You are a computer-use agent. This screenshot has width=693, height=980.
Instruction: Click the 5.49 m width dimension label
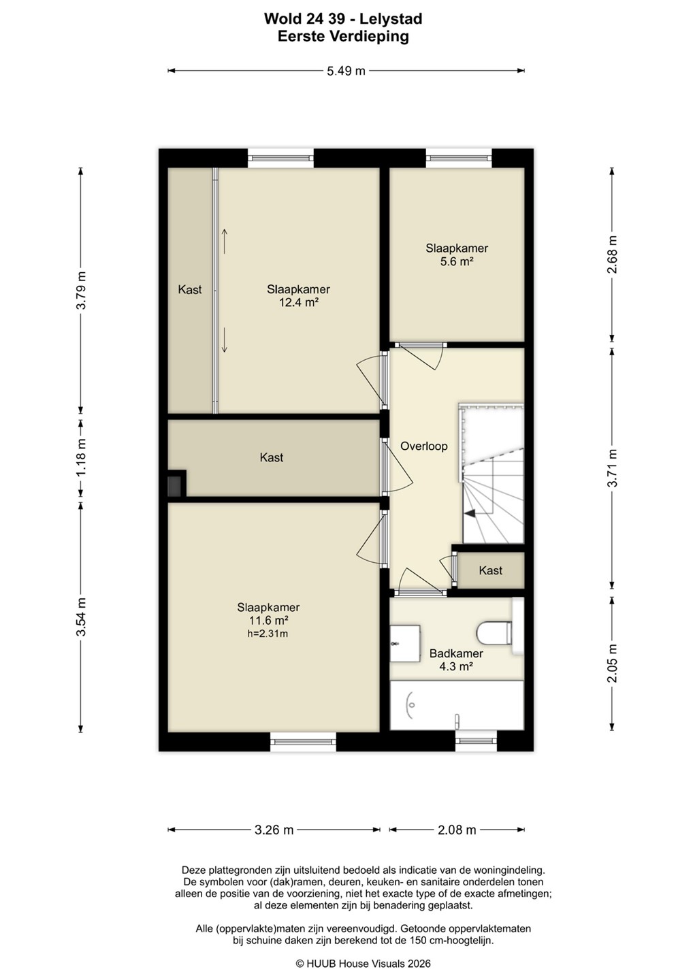pos(346,71)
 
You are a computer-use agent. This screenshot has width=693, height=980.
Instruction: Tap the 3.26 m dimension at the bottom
pos(274,830)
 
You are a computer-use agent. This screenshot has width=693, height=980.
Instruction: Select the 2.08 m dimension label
pos(457,830)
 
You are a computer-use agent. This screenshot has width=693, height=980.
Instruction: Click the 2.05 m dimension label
pos(612,664)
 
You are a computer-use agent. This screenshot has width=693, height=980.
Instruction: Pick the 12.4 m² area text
pos(298,302)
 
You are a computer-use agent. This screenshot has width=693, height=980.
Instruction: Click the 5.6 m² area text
pos(457,261)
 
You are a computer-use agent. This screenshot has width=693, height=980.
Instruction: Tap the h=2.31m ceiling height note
pos(268,633)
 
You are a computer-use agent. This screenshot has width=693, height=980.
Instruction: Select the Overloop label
pos(424,446)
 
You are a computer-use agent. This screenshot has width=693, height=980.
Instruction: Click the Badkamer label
pos(456,653)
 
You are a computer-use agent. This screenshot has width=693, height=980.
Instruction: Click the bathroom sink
pos(405,643)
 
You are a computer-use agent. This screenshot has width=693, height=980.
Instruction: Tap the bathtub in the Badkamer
pos(457,705)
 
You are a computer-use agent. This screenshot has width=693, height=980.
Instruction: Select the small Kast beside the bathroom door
pos(490,570)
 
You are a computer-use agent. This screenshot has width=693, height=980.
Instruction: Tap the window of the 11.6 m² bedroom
pos(303,742)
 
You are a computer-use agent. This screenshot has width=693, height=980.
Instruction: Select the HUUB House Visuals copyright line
pos(363,964)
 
